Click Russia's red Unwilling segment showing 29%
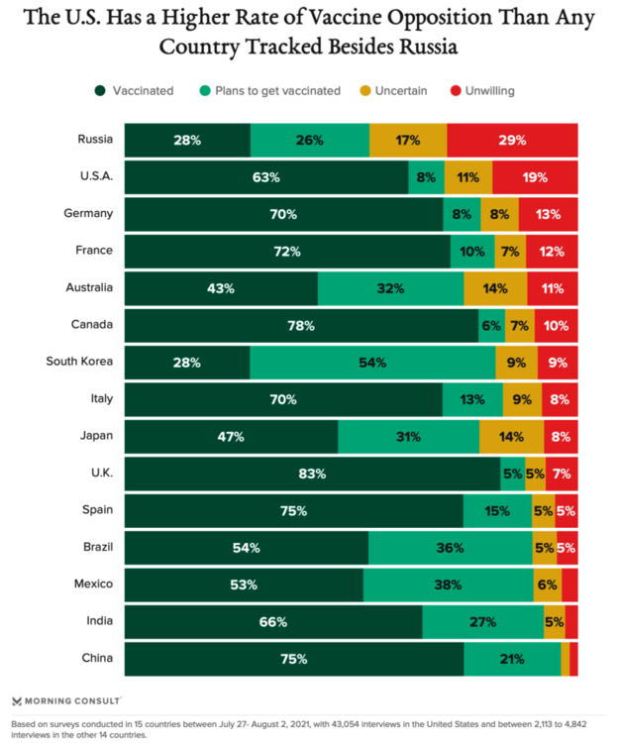pos(512,140)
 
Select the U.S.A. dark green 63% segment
pos(266,177)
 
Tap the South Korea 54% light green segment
pos(372,362)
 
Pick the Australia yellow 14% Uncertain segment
pos(495,288)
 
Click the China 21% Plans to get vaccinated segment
pos(511,658)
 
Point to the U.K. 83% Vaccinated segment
pos(312,474)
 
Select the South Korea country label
pos(79,361)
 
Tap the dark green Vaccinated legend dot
pos(101,90)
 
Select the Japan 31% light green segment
pos(408,436)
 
